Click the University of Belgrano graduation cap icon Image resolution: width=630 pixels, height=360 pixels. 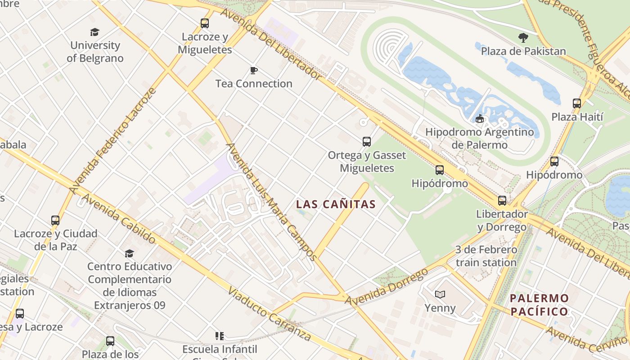click(94, 32)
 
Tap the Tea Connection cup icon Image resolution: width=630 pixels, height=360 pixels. click(254, 70)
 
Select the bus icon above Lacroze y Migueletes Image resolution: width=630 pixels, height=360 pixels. click(205, 23)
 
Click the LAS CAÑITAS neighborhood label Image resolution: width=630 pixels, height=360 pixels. click(336, 204)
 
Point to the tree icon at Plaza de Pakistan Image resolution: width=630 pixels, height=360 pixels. click(523, 37)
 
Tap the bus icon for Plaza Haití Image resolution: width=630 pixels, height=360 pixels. click(577, 103)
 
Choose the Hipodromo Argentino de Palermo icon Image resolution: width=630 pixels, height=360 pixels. click(480, 119)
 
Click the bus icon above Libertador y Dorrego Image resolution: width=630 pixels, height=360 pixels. click(502, 200)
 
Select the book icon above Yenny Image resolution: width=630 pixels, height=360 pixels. click(440, 294)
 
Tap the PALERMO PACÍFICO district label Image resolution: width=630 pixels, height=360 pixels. click(539, 305)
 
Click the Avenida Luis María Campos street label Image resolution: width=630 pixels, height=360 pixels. click(271, 202)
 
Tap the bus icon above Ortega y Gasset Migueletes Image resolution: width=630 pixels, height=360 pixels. click(367, 142)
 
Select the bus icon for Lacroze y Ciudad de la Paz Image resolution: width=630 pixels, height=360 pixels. click(55, 220)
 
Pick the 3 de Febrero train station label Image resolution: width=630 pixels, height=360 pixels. click(486, 256)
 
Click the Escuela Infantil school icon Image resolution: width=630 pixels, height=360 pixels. click(220, 336)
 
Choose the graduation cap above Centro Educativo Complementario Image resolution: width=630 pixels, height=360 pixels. click(130, 253)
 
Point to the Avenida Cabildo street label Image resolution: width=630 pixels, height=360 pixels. click(118, 219)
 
